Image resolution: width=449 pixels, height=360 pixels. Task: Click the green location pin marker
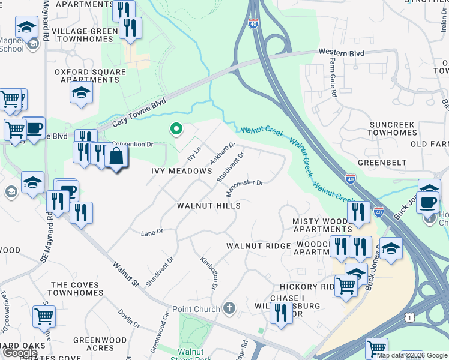[x=176, y=128]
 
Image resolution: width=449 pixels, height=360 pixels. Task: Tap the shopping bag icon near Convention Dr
[x=116, y=157]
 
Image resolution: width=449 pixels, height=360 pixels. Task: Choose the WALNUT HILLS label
[x=208, y=206]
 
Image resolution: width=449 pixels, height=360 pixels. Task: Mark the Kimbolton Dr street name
[x=208, y=274]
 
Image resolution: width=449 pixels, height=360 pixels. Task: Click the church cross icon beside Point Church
[x=229, y=308]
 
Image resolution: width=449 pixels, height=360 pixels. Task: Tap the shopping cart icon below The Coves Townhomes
[x=44, y=316]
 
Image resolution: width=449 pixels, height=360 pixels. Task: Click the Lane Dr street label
[x=152, y=232]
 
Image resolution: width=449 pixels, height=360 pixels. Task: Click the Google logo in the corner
[x=20, y=353]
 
